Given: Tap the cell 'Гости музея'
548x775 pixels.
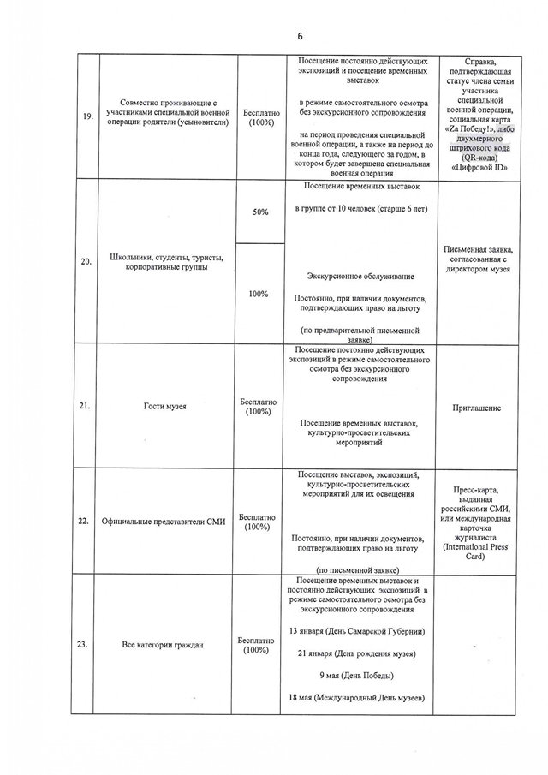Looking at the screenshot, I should pyautogui.click(x=168, y=407).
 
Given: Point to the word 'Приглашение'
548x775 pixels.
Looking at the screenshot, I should pyautogui.click(x=476, y=408).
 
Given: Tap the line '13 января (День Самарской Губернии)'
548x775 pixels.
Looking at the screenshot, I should pyautogui.click(x=356, y=631).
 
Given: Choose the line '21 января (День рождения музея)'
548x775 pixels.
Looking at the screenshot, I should pyautogui.click(x=356, y=653).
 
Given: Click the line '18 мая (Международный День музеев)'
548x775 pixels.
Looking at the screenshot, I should pyautogui.click(x=356, y=698).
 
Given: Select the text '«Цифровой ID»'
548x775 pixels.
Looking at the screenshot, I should pyautogui.click(x=476, y=168).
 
